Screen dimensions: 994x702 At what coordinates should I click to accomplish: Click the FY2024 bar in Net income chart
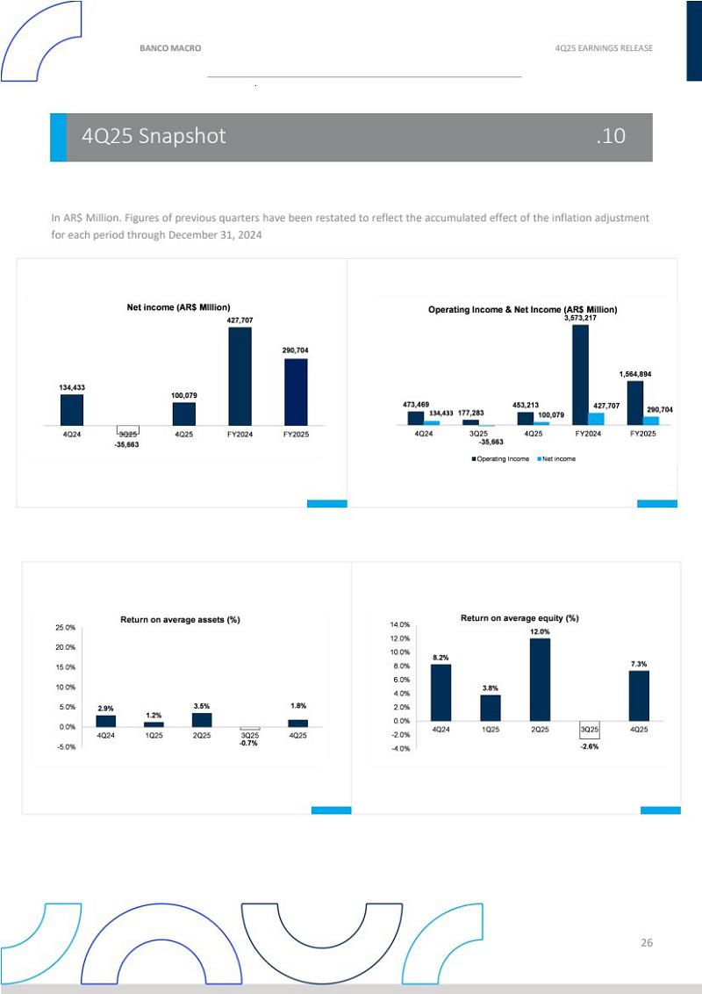point(240,376)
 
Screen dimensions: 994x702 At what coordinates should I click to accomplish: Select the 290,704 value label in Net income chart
point(295,350)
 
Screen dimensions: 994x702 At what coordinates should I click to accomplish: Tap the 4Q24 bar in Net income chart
point(72,409)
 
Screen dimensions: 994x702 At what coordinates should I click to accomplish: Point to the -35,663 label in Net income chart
point(127,445)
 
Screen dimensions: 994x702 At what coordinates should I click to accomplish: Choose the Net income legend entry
point(556,459)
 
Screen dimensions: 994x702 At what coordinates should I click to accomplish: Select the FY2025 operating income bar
point(635,402)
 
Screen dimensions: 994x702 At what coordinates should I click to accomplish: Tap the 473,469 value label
point(416,404)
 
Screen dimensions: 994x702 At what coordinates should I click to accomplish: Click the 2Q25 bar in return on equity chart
point(540,679)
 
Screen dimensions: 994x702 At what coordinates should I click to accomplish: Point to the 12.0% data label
point(540,631)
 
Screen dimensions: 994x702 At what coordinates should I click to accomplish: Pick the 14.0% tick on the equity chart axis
point(400,624)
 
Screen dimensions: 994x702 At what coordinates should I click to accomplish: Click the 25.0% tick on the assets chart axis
point(65,628)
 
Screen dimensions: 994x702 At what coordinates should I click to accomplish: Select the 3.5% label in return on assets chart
point(202,705)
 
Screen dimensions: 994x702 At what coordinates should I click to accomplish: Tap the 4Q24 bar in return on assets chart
point(105,721)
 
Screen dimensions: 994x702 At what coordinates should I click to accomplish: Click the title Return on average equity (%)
point(519,618)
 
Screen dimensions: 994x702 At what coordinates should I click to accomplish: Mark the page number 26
point(647,943)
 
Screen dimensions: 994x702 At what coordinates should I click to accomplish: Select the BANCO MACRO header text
point(170,48)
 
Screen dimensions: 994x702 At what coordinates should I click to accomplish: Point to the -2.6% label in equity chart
point(589,746)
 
